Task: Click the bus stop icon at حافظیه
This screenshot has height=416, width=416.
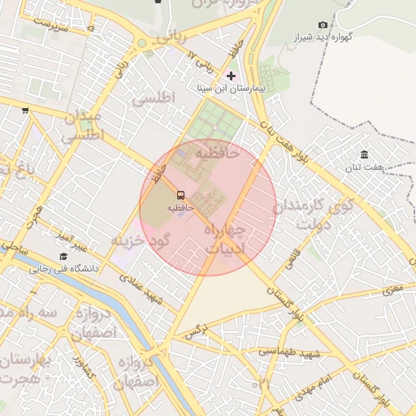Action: [180, 195]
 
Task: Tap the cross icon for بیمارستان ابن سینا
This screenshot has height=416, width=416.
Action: [231, 76]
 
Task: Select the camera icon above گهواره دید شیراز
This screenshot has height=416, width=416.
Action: [323, 25]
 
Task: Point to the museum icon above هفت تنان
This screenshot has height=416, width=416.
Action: [363, 154]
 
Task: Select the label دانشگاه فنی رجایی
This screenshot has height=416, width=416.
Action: [64, 268]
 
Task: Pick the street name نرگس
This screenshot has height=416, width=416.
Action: [194, 331]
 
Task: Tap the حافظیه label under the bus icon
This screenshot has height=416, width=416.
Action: [180, 208]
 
